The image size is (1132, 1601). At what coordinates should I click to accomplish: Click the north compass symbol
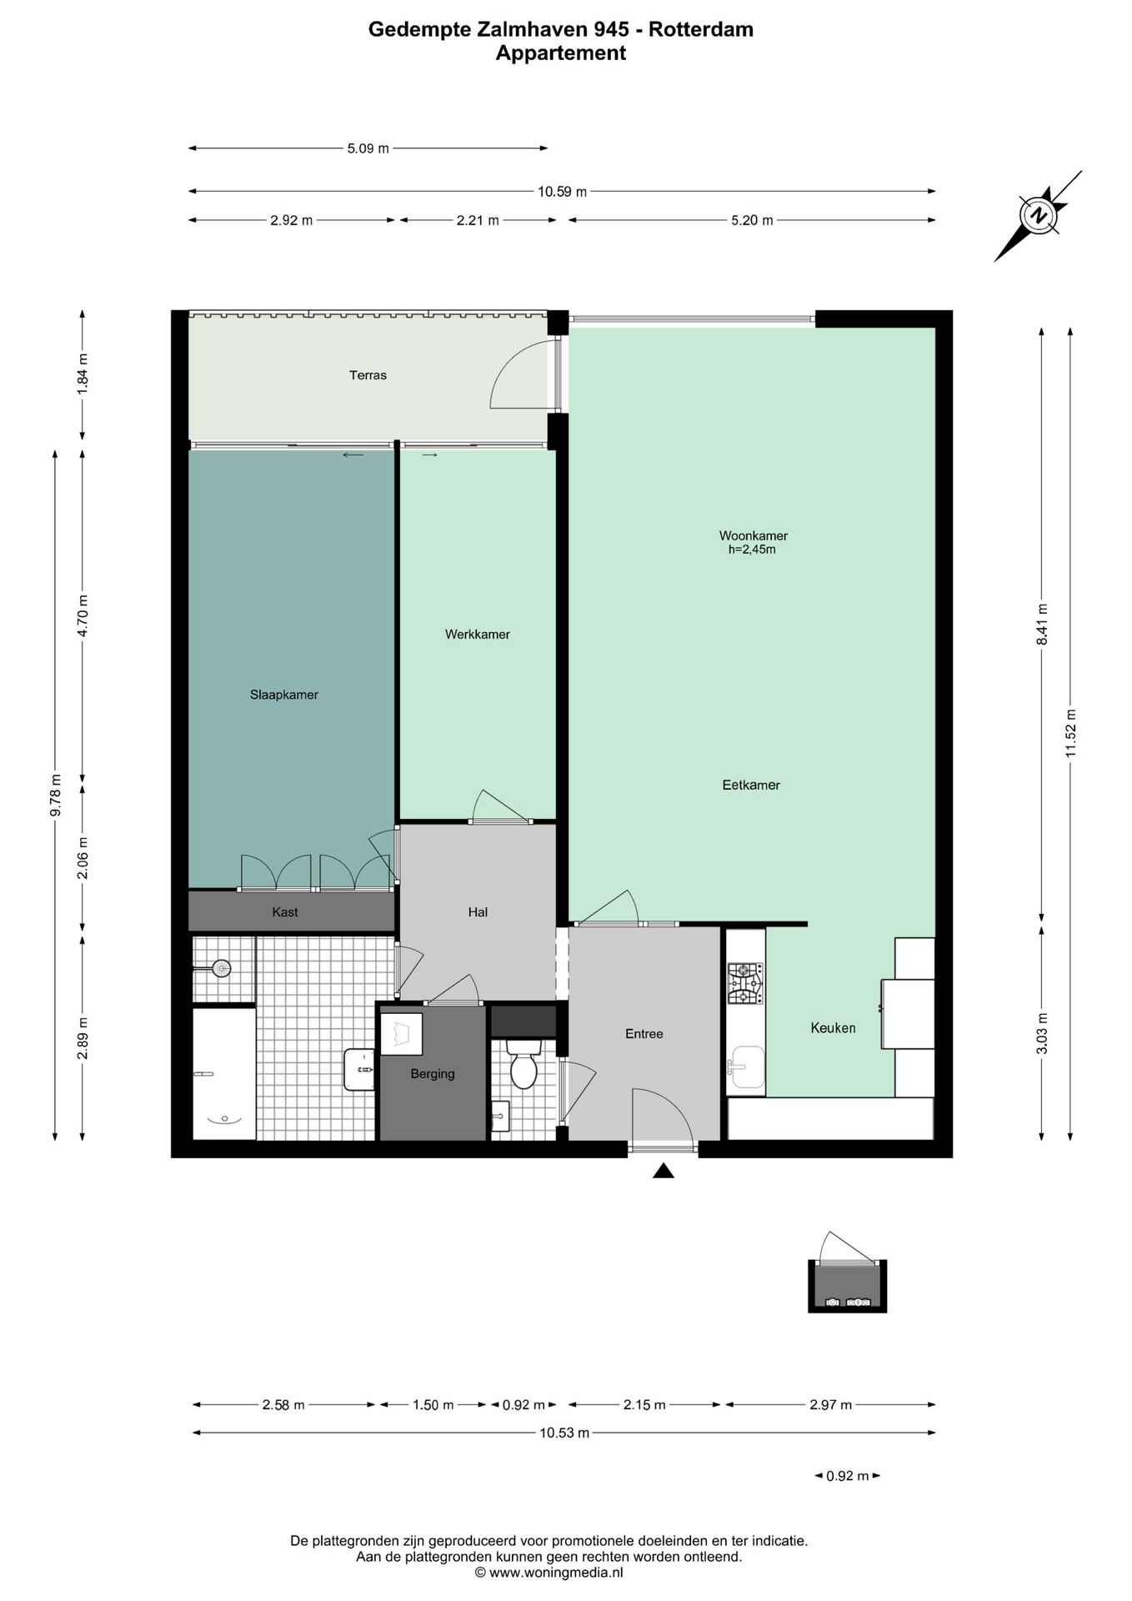coord(1039,216)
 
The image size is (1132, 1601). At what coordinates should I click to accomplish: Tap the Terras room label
coord(368,375)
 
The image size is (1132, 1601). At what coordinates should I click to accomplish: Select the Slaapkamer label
coord(284,695)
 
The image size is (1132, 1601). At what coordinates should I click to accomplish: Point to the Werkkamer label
coord(478,635)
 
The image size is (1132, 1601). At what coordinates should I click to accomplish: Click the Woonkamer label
coord(754,536)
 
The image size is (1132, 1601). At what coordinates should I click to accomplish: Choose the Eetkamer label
coord(751,785)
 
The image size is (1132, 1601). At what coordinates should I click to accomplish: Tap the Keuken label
coord(834,1028)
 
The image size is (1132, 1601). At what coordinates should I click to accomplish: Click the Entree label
coord(644,1034)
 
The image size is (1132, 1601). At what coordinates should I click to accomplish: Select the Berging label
coord(433,1074)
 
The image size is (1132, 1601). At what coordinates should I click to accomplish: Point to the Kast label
coord(285,912)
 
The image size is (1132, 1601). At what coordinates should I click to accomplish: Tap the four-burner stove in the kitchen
coord(745,984)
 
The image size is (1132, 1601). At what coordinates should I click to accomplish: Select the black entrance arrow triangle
coord(664,1171)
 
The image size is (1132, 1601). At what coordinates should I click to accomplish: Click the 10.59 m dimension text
coord(562,192)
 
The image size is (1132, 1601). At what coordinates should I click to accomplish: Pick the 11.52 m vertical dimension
coord(1071,733)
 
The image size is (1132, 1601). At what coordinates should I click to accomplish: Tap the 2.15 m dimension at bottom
coord(644,1405)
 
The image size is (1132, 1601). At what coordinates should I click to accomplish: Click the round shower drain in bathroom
coord(221,969)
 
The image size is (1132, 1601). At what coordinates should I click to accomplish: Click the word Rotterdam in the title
coord(701,30)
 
